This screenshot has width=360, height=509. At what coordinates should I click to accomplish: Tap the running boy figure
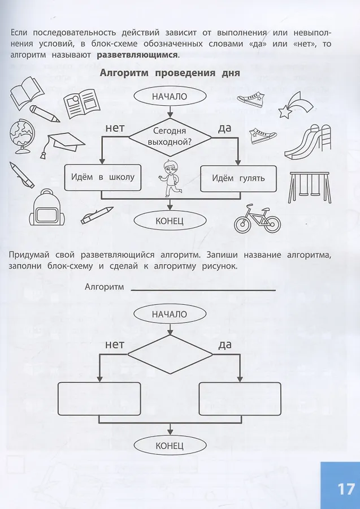point(167,178)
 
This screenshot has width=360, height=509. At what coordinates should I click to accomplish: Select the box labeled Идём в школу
point(103,177)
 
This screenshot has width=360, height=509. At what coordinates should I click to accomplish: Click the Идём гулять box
point(238,178)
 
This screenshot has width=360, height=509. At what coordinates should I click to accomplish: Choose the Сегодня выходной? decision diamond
point(170,137)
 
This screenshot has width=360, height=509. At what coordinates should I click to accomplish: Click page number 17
point(346,489)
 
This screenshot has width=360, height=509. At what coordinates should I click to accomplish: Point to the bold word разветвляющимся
point(137,55)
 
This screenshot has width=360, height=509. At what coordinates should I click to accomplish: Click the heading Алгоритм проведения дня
point(170,73)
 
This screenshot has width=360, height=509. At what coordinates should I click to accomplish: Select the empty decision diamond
point(170,355)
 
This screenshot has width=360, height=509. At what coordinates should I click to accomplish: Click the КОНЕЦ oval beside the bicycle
point(170,221)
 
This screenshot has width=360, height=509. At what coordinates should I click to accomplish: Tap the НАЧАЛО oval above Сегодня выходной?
point(170,96)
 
